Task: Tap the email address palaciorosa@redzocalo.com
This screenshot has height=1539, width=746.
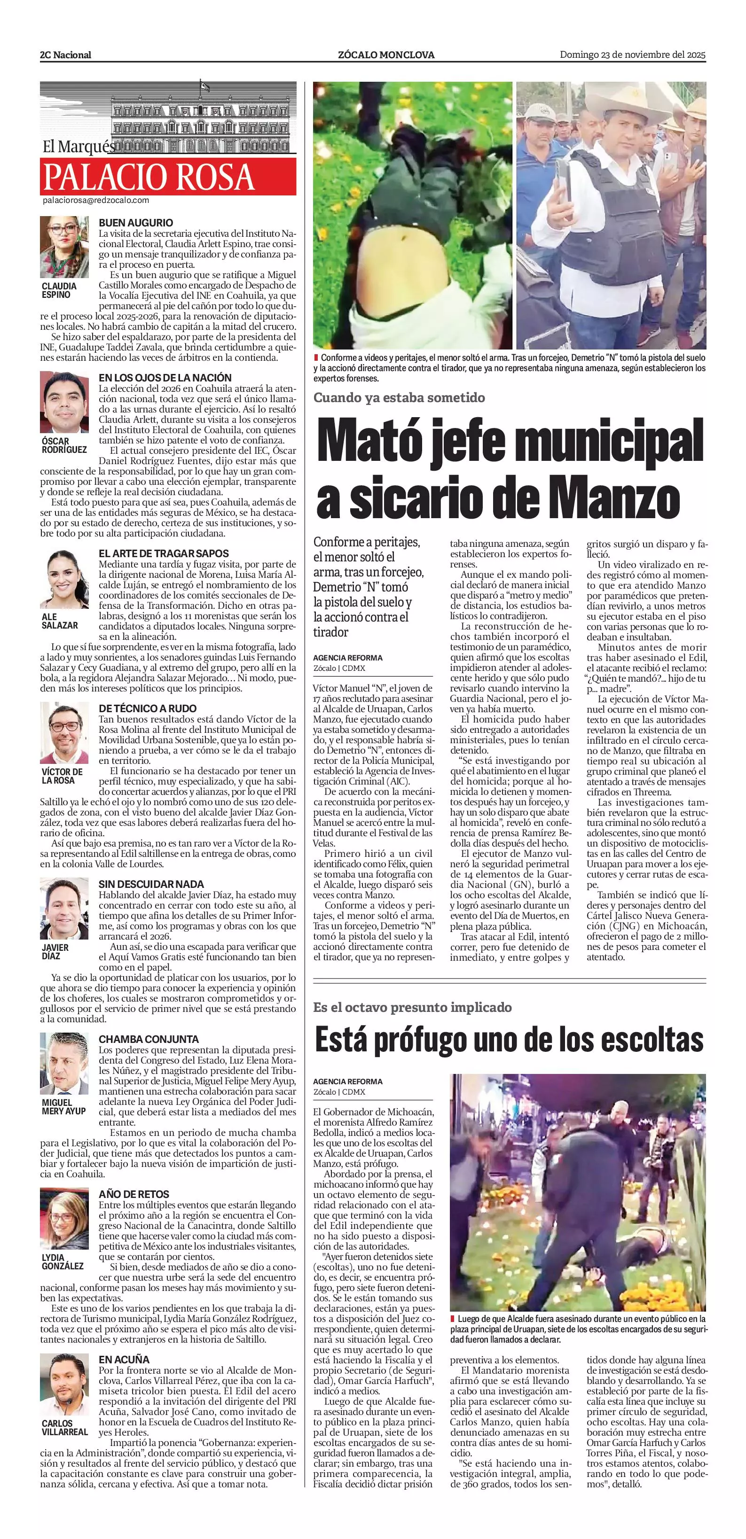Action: (x=95, y=201)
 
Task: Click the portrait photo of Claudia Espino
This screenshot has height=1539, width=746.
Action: (x=64, y=246)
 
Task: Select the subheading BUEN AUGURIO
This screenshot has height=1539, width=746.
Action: (x=136, y=223)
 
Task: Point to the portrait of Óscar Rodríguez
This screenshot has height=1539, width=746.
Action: (x=64, y=402)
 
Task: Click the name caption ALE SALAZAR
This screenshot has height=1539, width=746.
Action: (x=60, y=621)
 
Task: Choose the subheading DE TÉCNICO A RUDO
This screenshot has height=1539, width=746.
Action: (x=148, y=708)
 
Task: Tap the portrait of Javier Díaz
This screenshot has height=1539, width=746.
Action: (x=64, y=909)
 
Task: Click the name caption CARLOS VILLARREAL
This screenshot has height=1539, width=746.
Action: (x=64, y=1427)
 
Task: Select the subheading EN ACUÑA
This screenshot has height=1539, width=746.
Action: (x=124, y=1371)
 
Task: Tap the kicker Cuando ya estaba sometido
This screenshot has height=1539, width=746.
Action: (x=399, y=397)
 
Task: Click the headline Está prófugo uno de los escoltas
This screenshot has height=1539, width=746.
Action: (x=509, y=1040)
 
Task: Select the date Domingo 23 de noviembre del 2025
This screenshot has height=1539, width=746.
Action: (x=632, y=55)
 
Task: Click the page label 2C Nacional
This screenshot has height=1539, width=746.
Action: (x=66, y=55)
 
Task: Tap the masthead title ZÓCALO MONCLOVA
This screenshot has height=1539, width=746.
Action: (x=386, y=55)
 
